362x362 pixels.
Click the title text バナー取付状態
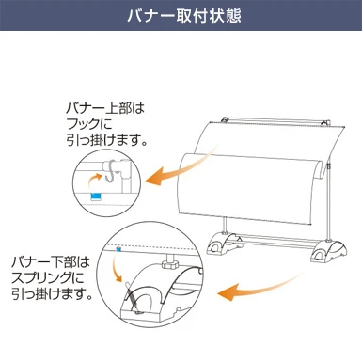pyautogui.click(x=181, y=19)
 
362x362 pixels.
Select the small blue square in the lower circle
pyautogui.click(x=117, y=251)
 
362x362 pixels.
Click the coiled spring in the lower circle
pyautogui.click(x=136, y=298)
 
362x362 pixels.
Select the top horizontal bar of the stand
pyautogui.click(x=273, y=118)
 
